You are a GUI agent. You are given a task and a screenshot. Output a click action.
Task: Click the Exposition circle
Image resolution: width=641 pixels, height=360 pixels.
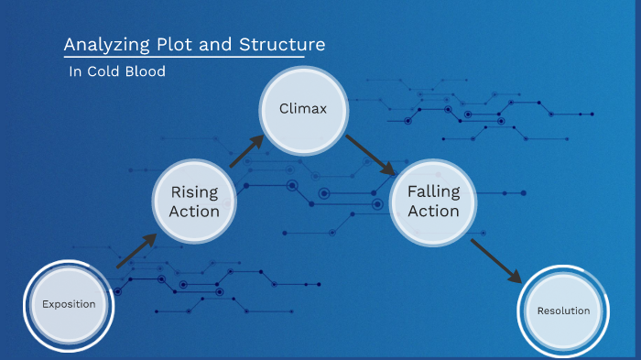click(67, 304)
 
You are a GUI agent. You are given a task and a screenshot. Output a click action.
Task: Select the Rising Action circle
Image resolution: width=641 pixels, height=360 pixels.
click(194, 202)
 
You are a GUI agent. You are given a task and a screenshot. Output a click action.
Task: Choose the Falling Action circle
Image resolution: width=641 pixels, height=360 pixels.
click(433, 202)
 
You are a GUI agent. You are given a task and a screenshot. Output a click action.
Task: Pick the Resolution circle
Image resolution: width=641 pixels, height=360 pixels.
click(563, 311)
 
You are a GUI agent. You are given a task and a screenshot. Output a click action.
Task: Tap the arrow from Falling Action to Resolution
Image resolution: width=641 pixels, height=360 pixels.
click(495, 260)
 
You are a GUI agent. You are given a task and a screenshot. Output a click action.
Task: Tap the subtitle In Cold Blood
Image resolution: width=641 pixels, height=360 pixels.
click(117, 71)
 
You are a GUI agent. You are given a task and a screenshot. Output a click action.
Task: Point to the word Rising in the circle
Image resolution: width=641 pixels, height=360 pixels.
click(194, 192)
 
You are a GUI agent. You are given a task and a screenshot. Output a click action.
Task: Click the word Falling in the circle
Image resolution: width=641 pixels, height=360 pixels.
click(433, 192)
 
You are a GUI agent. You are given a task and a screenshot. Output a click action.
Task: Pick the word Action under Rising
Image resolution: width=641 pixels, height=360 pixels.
click(194, 212)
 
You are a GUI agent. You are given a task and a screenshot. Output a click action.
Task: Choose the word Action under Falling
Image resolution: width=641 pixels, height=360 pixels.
click(433, 212)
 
